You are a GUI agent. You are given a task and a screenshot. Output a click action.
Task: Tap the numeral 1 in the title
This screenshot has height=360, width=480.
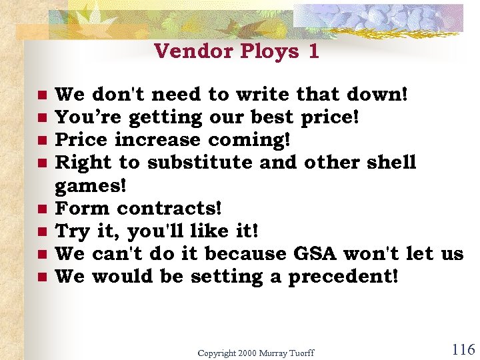[x=313, y=51]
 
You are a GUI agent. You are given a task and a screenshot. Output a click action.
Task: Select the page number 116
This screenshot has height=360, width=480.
[x=463, y=349]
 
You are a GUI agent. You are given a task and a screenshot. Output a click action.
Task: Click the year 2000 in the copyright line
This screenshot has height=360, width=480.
[x=243, y=353]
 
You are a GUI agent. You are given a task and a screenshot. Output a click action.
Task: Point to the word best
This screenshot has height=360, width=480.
[x=274, y=117]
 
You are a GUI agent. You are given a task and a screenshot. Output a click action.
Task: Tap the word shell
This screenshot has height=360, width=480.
[x=392, y=163]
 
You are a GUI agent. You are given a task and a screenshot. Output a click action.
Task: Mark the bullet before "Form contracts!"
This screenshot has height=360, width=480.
[x=41, y=209]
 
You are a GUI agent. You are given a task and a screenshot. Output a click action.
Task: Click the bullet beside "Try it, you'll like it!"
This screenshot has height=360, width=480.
[x=41, y=231]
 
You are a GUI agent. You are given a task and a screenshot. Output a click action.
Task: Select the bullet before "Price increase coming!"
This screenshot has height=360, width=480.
[x=41, y=140]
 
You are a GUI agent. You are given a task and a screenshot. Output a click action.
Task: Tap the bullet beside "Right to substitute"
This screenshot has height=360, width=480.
[x=41, y=163]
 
